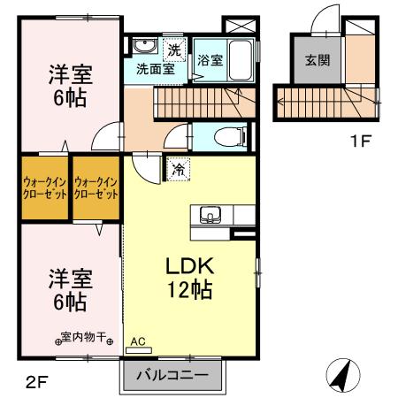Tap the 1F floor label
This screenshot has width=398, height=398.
point(362,140)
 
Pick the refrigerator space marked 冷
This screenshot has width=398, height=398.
point(178,167)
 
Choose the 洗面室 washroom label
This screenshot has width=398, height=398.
point(154,68)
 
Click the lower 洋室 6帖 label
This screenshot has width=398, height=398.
point(67,290)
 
